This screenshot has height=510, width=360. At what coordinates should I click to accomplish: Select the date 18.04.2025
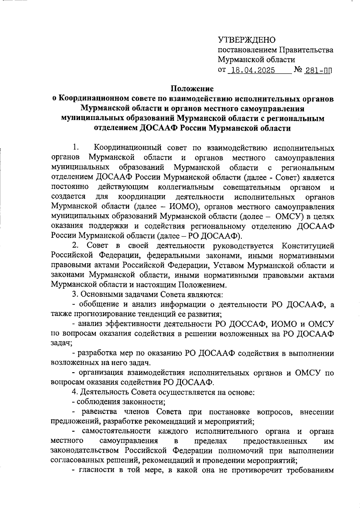coord(251,71)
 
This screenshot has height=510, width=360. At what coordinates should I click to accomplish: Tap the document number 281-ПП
coord(318,71)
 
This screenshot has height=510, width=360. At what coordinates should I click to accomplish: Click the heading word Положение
coord(192,89)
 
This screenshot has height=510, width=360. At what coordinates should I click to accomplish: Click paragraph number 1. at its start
coord(75,148)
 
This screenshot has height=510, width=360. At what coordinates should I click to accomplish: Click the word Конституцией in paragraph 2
coord(308,246)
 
